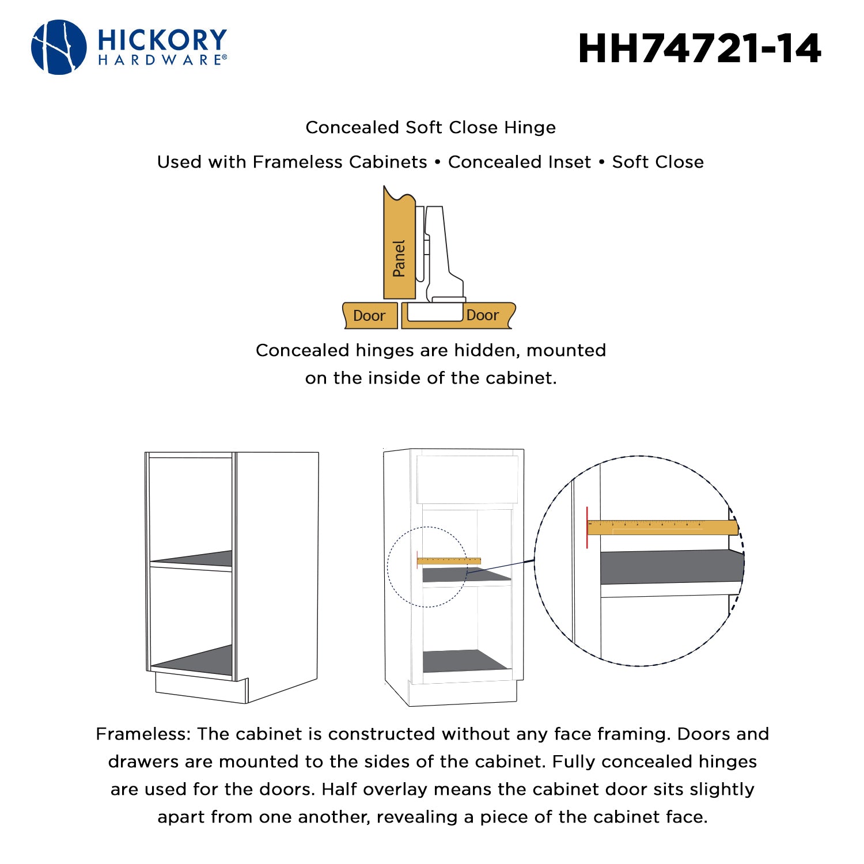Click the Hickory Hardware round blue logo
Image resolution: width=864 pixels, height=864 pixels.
click(x=59, y=47)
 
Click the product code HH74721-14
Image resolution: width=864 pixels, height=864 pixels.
click(x=699, y=48)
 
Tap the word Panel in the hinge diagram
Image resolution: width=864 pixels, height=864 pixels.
click(x=399, y=259)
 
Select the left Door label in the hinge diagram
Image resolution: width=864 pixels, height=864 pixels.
click(x=369, y=316)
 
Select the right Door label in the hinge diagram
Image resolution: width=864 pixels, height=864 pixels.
click(x=483, y=315)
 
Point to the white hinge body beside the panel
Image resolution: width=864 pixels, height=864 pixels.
click(x=444, y=253)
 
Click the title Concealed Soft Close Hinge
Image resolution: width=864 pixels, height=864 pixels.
click(x=431, y=127)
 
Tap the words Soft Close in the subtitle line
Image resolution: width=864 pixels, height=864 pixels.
click(x=658, y=162)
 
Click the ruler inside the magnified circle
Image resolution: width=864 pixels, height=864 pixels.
click(x=662, y=527)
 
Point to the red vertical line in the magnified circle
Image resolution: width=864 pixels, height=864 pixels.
click(x=587, y=528)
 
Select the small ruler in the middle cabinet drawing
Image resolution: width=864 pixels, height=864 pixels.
click(x=449, y=561)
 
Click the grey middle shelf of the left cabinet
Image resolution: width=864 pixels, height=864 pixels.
click(x=192, y=559)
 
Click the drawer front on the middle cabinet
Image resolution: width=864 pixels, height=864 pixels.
click(x=467, y=480)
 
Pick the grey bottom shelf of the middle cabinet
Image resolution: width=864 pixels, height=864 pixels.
click(x=465, y=661)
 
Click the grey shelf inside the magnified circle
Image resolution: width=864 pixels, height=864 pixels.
click(x=672, y=567)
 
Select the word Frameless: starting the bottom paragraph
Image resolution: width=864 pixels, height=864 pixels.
click(x=143, y=734)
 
